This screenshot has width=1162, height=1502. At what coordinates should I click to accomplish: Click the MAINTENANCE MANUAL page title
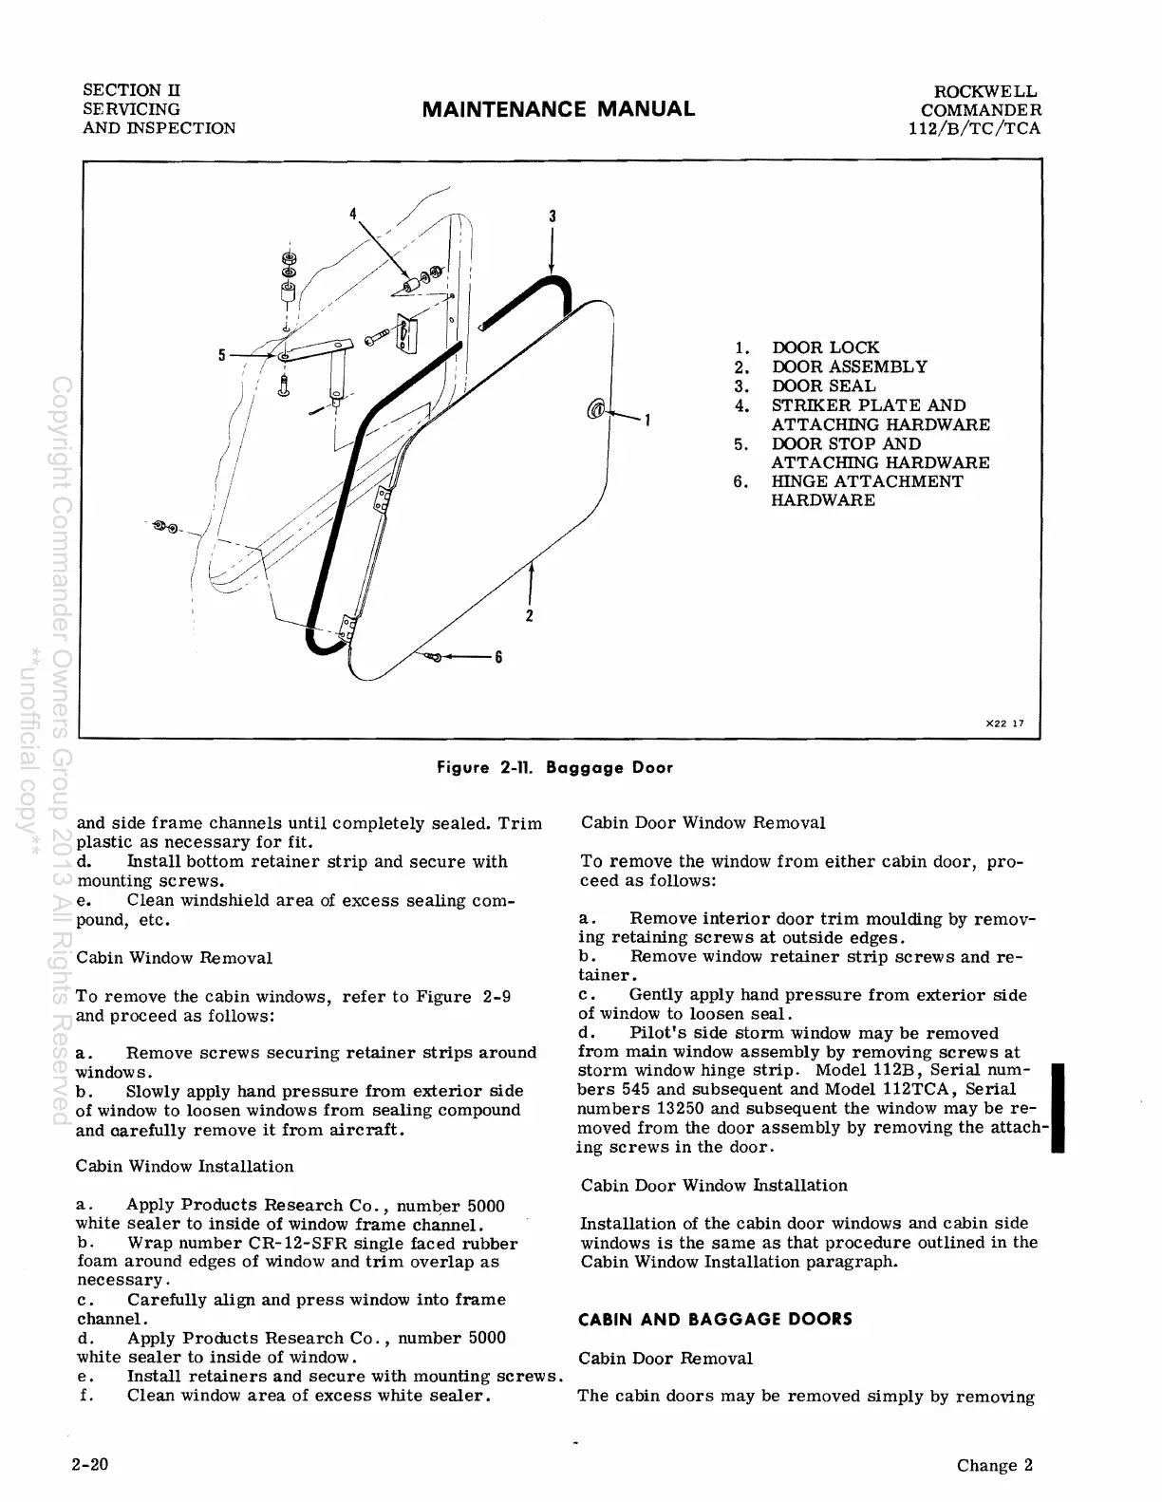[558, 109]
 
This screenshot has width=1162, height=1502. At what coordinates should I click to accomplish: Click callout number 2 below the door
[529, 615]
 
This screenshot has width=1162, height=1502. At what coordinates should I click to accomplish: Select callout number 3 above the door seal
[552, 216]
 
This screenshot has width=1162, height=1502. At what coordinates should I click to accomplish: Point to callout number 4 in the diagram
[352, 213]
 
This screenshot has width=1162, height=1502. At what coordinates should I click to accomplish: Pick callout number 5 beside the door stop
[221, 355]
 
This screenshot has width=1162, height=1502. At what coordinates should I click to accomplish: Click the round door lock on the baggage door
[597, 409]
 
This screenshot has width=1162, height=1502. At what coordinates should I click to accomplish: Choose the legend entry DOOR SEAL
[823, 386]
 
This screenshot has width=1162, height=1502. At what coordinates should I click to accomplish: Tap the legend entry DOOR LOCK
[825, 348]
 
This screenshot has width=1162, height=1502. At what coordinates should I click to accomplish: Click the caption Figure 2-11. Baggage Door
[554, 767]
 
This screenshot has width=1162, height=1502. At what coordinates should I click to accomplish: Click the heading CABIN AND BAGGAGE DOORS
[716, 1320]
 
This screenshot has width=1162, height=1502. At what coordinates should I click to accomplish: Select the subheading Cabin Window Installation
[184, 1166]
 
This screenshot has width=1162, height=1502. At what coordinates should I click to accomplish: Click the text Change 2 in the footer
[994, 1465]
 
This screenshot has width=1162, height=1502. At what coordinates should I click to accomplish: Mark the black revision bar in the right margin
[1058, 1108]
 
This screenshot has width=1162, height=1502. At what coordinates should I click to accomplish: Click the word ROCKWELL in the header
[987, 92]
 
